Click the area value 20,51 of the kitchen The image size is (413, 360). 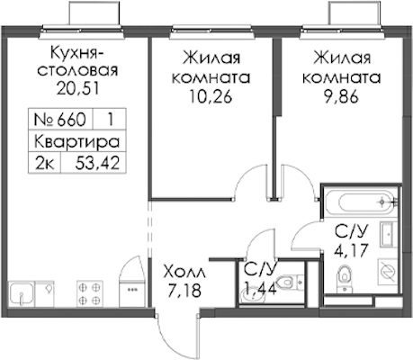tap(77, 88)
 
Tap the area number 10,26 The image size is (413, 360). tap(211, 96)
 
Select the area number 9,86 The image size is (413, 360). tap(341, 96)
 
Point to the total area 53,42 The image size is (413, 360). tap(97, 163)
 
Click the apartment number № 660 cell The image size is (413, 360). tap(60, 120)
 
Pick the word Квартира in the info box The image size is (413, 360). tap(77, 141)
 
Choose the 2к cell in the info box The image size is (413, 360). tap(45, 164)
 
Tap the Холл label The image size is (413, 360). tap(184, 273)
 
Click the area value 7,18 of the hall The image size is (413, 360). tap(184, 291)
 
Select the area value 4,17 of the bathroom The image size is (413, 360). tap(351, 250)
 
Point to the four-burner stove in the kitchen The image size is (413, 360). tap(89, 293)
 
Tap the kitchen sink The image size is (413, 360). tap(21, 294)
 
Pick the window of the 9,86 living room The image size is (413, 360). tap(342, 32)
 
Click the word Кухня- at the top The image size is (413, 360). tap(77, 53)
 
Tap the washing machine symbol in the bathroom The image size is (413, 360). tap(387, 272)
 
